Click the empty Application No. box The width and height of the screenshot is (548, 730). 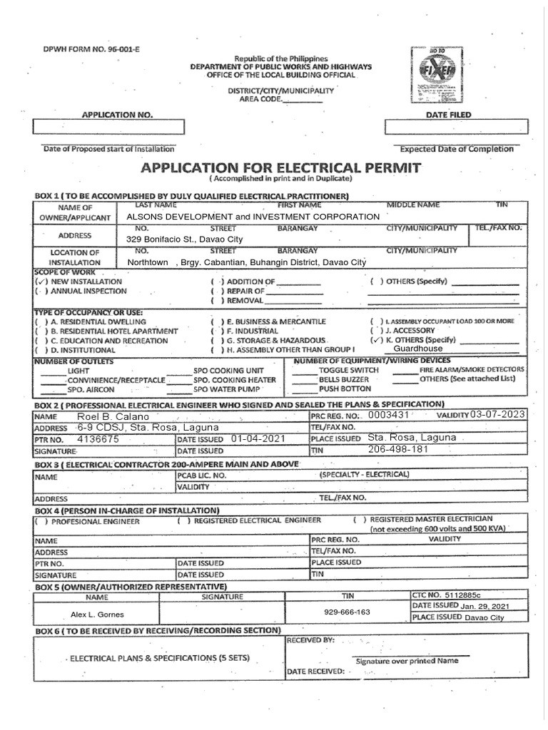(x=108, y=127)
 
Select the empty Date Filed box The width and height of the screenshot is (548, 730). (x=456, y=127)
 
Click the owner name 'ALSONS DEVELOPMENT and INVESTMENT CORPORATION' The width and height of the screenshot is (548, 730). (x=253, y=217)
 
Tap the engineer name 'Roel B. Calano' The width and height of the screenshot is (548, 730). (x=104, y=416)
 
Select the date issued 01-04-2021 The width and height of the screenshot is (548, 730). (x=258, y=439)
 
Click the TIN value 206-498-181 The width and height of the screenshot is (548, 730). (x=397, y=451)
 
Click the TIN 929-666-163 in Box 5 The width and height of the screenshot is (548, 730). (x=347, y=612)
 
